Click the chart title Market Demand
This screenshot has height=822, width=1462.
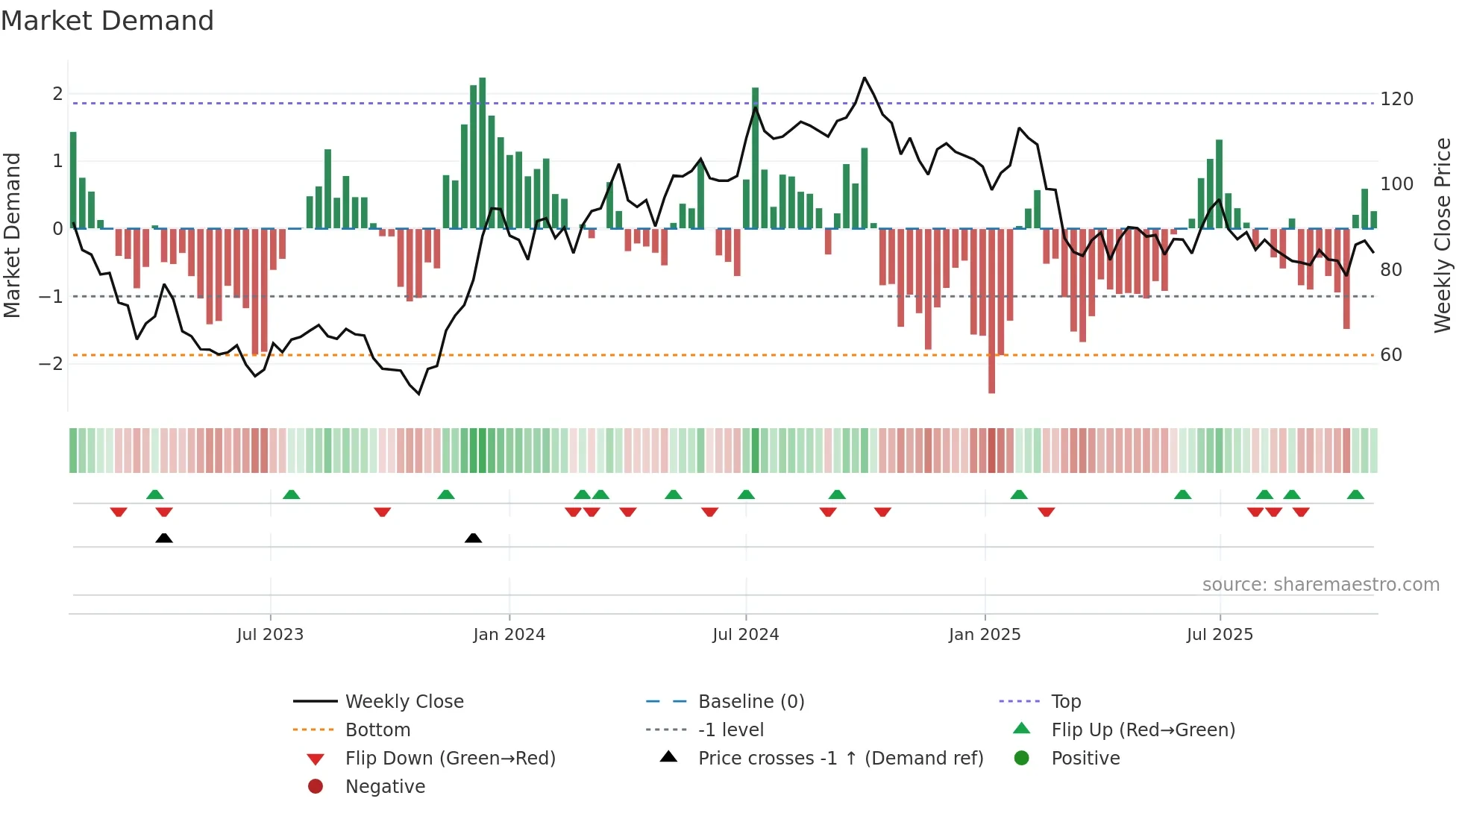107,21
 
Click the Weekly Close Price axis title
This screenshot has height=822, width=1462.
1443,235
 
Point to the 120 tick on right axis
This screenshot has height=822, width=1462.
1396,99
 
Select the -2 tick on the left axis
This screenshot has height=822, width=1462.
51,364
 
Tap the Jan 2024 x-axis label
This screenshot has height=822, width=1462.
509,635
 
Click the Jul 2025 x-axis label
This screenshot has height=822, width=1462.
1220,635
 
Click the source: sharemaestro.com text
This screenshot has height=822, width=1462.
1320,585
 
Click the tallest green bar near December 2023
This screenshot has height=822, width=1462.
483,153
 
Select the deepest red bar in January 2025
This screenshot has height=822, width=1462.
991,310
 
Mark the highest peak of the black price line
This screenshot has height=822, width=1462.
865,78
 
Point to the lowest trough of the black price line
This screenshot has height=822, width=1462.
419,394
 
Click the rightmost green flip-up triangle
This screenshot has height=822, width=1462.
1355,495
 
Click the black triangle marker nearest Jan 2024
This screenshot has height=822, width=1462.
473,538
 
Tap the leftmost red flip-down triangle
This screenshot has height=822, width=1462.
119,512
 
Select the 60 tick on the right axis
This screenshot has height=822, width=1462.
1391,355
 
